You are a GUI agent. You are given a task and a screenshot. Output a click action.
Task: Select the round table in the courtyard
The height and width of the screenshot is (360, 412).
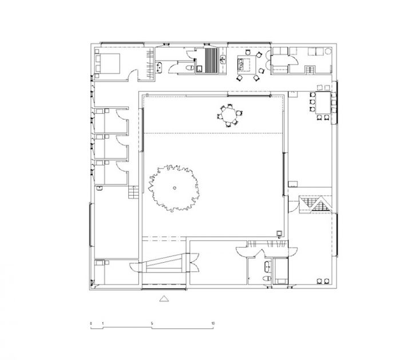click(x=229, y=116)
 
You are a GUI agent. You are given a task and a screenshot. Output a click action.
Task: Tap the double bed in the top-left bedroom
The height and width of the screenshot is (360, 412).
click(x=108, y=63)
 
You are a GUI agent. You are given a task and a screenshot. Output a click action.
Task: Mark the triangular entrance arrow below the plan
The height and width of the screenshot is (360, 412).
click(x=164, y=298)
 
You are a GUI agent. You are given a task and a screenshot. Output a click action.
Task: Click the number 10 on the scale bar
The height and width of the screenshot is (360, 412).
click(x=213, y=323)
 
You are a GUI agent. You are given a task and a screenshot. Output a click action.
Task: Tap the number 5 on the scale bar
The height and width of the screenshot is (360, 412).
click(x=152, y=323)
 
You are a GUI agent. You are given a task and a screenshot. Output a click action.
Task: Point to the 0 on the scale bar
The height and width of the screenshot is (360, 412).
click(x=90, y=323)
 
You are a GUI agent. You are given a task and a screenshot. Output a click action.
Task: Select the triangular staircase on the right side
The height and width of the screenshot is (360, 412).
click(x=314, y=204)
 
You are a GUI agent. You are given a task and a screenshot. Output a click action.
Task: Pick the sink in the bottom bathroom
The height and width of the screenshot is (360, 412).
click(x=268, y=266)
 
